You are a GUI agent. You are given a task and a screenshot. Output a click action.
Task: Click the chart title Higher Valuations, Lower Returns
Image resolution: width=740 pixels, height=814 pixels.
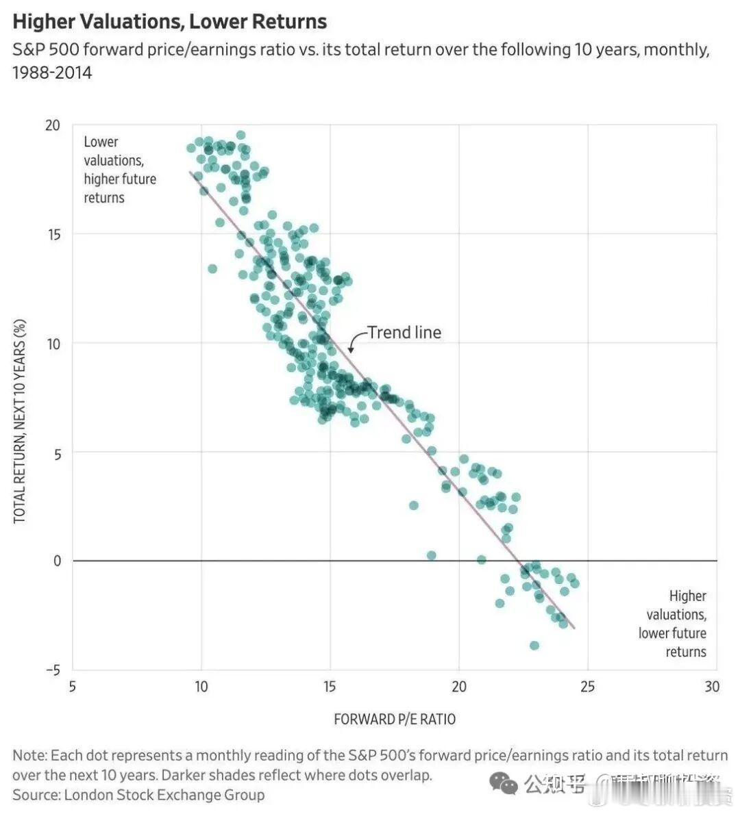click(169, 21)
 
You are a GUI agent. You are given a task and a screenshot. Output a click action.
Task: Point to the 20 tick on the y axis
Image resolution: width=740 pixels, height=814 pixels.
click(53, 125)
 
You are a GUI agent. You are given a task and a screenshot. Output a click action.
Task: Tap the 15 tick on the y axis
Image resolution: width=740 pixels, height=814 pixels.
click(53, 234)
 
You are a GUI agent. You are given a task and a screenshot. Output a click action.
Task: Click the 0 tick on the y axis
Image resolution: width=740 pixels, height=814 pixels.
click(56, 561)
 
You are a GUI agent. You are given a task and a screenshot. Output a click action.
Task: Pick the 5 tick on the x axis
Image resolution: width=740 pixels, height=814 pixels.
click(73, 687)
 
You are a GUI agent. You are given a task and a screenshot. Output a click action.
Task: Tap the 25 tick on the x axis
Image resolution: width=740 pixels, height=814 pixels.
click(587, 687)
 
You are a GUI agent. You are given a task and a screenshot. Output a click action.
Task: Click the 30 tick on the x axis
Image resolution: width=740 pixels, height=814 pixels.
click(712, 687)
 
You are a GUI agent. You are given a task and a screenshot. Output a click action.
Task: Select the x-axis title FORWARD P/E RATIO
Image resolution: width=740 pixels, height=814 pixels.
click(395, 720)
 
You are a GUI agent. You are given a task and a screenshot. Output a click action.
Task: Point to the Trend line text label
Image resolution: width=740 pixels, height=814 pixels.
click(404, 333)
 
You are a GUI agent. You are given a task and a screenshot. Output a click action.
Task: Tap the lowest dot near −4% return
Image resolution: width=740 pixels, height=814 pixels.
click(534, 646)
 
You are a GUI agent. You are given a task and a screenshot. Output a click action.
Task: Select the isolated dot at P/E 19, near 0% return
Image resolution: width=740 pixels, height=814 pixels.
click(431, 555)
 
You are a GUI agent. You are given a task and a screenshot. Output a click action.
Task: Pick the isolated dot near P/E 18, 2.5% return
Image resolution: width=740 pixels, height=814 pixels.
click(414, 505)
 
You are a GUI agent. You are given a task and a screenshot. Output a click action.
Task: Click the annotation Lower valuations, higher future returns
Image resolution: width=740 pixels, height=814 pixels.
click(119, 170)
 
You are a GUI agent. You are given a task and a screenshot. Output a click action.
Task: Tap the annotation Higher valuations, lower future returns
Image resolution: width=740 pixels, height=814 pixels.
click(673, 624)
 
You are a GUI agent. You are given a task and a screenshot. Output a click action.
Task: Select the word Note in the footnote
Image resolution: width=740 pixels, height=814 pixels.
click(28, 756)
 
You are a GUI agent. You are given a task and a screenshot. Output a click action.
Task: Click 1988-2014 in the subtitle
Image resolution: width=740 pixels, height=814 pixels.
click(52, 72)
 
